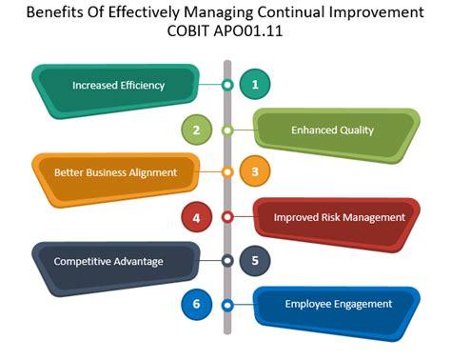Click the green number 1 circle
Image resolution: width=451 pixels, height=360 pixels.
pyautogui.click(x=255, y=85)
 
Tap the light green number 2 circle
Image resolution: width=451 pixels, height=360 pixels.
pyautogui.click(x=196, y=129)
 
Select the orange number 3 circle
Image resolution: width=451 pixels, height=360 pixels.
pyautogui.click(x=255, y=172)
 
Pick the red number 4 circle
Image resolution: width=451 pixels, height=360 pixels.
pyautogui.click(x=196, y=217)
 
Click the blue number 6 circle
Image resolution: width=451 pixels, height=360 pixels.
pyautogui.click(x=196, y=305)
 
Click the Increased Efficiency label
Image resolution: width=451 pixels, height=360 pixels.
pyautogui.click(x=118, y=85)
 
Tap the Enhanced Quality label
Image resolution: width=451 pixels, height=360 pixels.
pyautogui.click(x=332, y=129)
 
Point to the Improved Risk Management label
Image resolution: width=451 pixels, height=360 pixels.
pyautogui.click(x=339, y=217)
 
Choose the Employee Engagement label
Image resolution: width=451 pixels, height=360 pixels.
pyautogui.click(x=338, y=305)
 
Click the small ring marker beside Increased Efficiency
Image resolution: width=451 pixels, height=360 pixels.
pyautogui.click(x=227, y=85)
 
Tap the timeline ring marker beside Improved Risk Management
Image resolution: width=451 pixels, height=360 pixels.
pyautogui.click(x=227, y=217)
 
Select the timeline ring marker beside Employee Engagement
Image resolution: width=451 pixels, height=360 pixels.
pyautogui.click(x=227, y=305)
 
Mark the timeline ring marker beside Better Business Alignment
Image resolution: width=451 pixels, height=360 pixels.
pyautogui.click(x=227, y=172)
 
